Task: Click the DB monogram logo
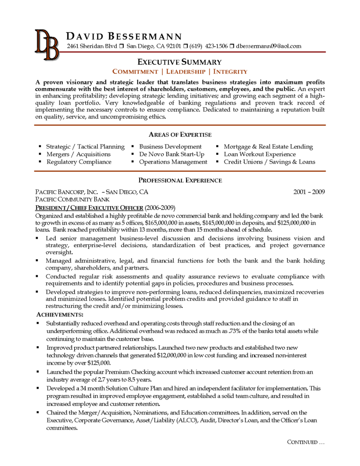pyautogui.click(x=47, y=45)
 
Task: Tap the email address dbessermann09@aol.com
pyautogui.click(x=269, y=46)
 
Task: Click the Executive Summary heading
pyautogui.click(x=180, y=62)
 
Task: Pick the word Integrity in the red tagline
pyautogui.click(x=230, y=72)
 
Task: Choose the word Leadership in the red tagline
pyautogui.click(x=187, y=72)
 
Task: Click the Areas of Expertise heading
pyautogui.click(x=180, y=135)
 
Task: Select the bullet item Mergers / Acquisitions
pyautogui.click(x=78, y=154)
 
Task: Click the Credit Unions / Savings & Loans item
pyautogui.click(x=270, y=162)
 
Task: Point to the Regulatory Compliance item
pyautogui.click(x=79, y=162)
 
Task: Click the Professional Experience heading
pyautogui.click(x=180, y=180)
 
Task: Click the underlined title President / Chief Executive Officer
pyautogui.click(x=89, y=208)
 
